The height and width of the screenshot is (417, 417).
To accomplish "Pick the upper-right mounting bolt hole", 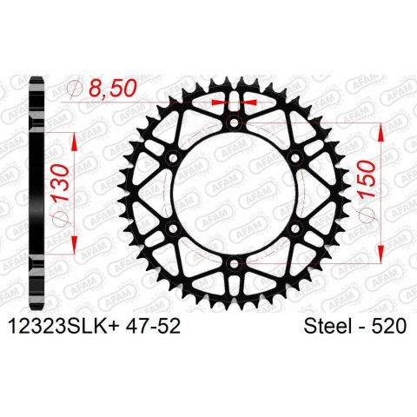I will (296, 159).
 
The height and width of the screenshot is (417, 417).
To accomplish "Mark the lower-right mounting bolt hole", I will (296, 229).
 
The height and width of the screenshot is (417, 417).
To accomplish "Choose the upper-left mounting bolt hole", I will (173, 159).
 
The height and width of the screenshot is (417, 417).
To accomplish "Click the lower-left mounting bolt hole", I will (173, 229).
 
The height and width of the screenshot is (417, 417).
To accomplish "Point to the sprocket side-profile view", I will (36, 193).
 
